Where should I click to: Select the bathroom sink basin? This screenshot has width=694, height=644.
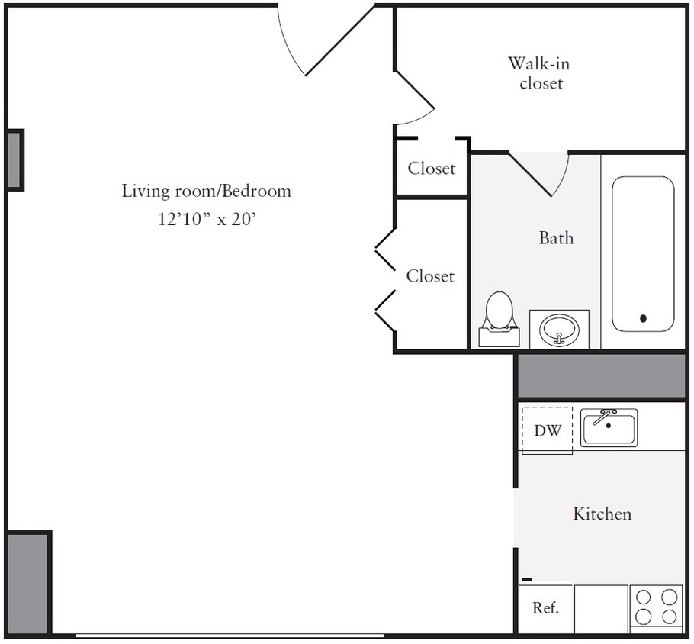pyautogui.click(x=559, y=330)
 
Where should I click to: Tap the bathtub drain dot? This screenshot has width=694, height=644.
pyautogui.click(x=643, y=318)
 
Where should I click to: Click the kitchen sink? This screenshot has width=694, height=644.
pyautogui.click(x=609, y=427)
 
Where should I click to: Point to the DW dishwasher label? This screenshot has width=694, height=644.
pyautogui.click(x=547, y=430)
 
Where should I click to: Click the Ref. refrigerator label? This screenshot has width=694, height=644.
pyautogui.click(x=545, y=608)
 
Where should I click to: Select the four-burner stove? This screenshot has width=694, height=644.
pyautogui.click(x=657, y=607)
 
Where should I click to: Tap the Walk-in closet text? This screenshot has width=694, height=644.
pyautogui.click(x=540, y=72)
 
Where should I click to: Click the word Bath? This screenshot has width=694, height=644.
pyautogui.click(x=556, y=237)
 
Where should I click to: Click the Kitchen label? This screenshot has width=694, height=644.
pyautogui.click(x=602, y=514)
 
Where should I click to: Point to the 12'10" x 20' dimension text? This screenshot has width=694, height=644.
pyautogui.click(x=206, y=219)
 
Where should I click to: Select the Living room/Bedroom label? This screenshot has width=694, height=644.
pyautogui.click(x=206, y=190)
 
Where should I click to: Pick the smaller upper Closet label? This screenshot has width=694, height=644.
pyautogui.click(x=431, y=168)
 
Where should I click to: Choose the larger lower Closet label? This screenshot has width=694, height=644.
pyautogui.click(x=430, y=275)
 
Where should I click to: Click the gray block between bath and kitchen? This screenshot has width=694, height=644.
pyautogui.click(x=602, y=375)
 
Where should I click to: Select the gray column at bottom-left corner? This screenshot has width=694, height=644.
pyautogui.click(x=27, y=584)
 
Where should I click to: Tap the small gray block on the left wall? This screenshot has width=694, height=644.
pyautogui.click(x=15, y=159)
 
